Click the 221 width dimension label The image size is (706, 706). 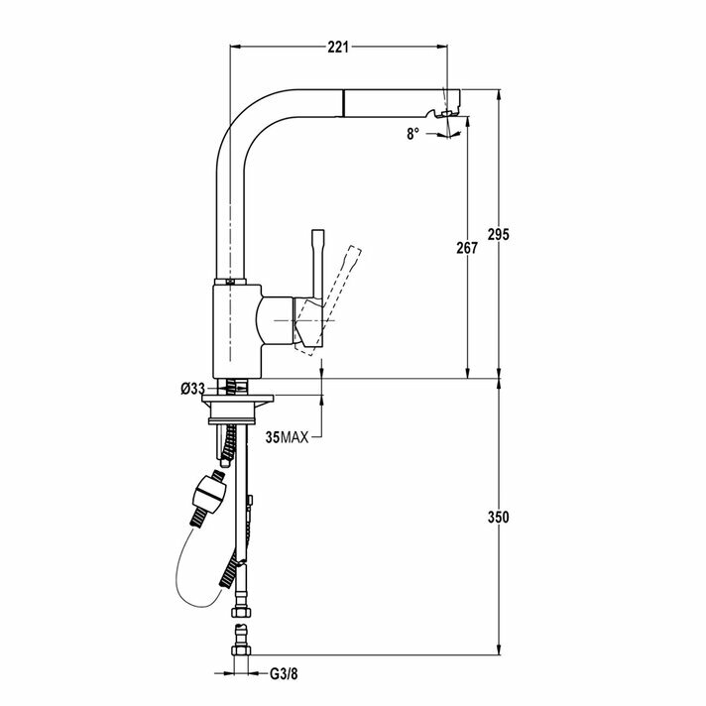point(339,46)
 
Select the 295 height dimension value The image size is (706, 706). point(500,235)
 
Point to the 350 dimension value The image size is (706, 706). point(500,517)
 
